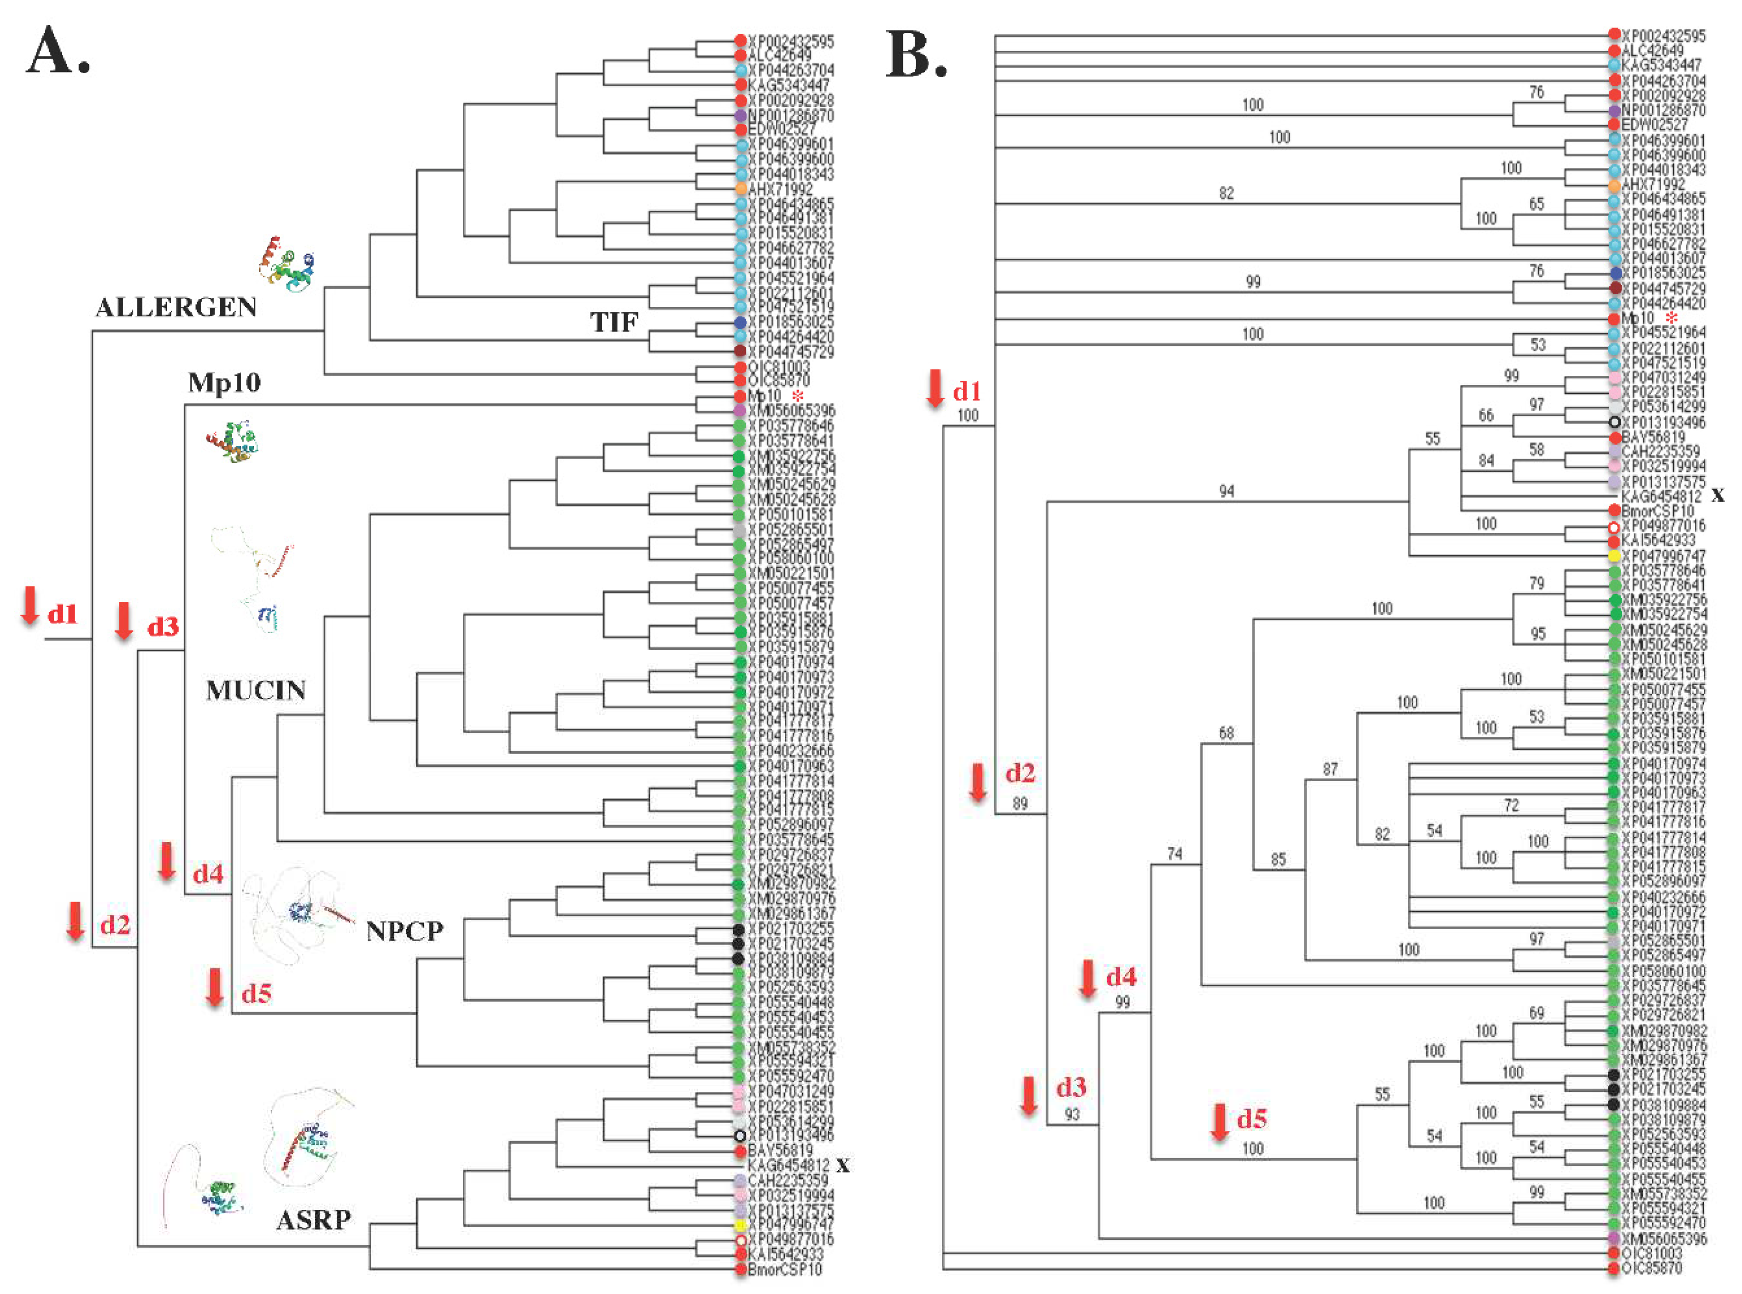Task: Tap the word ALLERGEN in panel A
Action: click(x=176, y=307)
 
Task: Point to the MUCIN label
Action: click(x=255, y=690)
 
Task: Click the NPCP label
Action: click(x=404, y=931)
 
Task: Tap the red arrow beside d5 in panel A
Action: click(x=215, y=988)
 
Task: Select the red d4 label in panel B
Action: click(x=1121, y=977)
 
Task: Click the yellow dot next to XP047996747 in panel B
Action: click(x=1614, y=556)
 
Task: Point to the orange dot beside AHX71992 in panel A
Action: click(x=740, y=189)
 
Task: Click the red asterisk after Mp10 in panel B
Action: click(x=1672, y=318)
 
